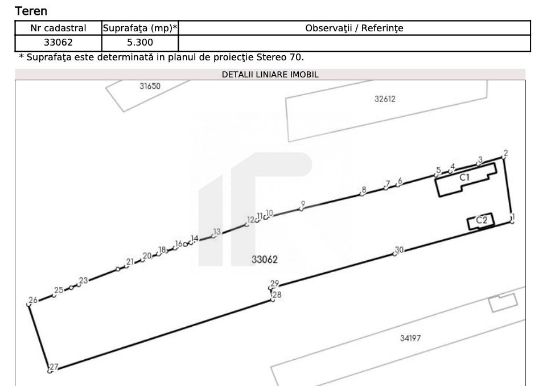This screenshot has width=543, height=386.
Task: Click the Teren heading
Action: [31, 11]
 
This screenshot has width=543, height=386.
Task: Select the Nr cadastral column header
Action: [58, 28]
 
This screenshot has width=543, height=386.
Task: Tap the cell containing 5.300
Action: [140, 43]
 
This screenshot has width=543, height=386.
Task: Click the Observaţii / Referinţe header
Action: [354, 28]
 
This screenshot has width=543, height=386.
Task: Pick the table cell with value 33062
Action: [58, 43]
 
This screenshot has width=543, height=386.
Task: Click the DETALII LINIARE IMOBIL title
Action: [270, 75]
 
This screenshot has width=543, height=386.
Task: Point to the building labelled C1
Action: [466, 180]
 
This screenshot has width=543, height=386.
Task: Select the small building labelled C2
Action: [480, 221]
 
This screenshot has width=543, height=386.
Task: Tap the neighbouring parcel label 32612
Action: [385, 99]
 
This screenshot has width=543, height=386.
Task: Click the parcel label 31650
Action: [150, 86]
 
